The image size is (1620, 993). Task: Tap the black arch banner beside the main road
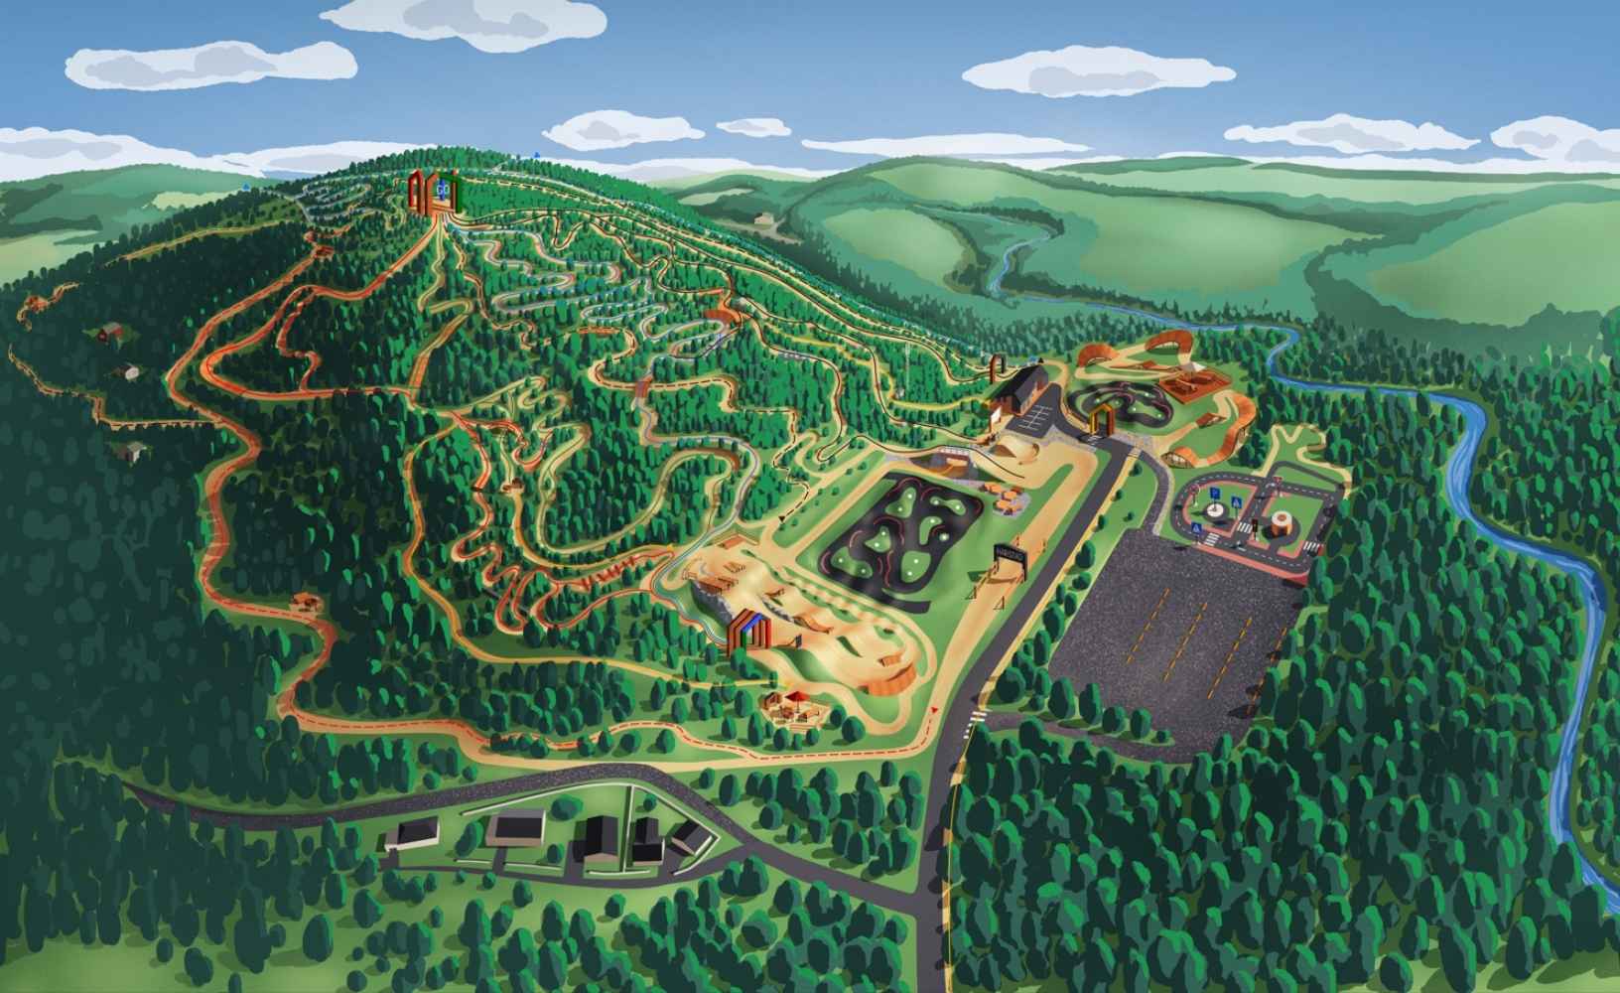pyautogui.click(x=1008, y=556)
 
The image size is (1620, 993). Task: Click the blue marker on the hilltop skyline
pyautogui.click(x=535, y=155)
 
